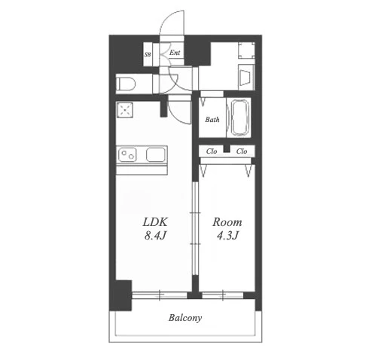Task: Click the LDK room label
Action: click(155, 222)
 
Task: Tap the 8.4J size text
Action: click(155, 236)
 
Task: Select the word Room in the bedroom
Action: click(227, 222)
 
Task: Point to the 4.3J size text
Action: click(227, 236)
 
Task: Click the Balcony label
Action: click(185, 318)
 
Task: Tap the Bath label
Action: click(212, 120)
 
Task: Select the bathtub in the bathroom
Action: click(240, 117)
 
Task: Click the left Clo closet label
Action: click(212, 151)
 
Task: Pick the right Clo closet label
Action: click(242, 151)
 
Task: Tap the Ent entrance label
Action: click(175, 53)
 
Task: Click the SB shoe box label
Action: click(148, 54)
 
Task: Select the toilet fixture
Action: click(126, 84)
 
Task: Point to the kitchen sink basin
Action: click(156, 154)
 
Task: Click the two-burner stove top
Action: click(127, 154)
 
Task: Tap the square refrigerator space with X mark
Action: click(124, 110)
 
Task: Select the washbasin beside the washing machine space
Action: click(246, 78)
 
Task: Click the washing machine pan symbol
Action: click(246, 50)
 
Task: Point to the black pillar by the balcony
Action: click(120, 295)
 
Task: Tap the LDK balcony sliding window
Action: click(160, 295)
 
